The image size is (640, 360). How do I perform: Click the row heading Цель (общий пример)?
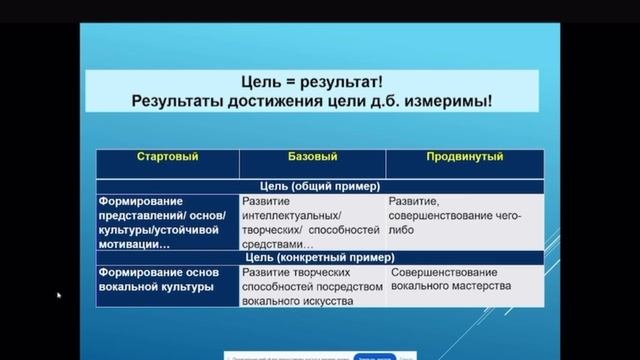click(x=315, y=185)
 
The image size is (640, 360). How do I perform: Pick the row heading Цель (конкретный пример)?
click(x=315, y=257)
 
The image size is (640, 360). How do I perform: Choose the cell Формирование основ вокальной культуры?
click(x=156, y=280)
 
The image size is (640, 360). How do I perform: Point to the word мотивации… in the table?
click(x=135, y=243)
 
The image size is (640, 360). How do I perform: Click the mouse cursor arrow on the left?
click(x=58, y=295)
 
